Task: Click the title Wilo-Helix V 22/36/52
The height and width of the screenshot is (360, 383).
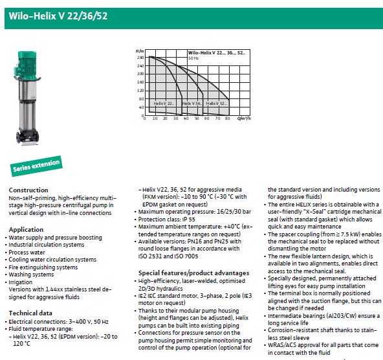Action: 58,16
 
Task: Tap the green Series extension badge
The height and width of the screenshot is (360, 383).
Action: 36,166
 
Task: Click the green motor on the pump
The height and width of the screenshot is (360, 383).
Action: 27,65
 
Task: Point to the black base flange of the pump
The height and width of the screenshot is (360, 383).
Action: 27,137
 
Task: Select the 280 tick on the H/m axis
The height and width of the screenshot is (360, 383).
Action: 140,58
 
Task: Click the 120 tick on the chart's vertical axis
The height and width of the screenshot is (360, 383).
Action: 140,91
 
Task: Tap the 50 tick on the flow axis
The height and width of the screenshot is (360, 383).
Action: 197,118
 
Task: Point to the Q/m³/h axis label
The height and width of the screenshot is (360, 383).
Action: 244,118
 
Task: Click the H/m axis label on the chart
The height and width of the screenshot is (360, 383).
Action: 140,51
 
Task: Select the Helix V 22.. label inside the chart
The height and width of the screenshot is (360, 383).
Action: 164,104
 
